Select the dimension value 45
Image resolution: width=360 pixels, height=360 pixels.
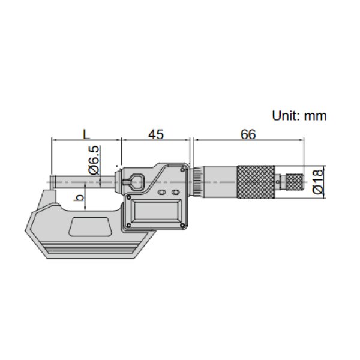[156, 134]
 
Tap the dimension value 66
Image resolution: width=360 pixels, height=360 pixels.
[248, 134]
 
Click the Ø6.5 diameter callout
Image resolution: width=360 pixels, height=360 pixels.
[94, 160]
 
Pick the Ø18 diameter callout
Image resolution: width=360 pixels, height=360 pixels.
[318, 181]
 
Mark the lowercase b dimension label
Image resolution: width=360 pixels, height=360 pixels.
[77, 198]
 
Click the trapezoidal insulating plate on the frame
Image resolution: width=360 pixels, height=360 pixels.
[90, 227]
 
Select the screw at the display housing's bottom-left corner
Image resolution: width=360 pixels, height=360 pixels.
[127, 226]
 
